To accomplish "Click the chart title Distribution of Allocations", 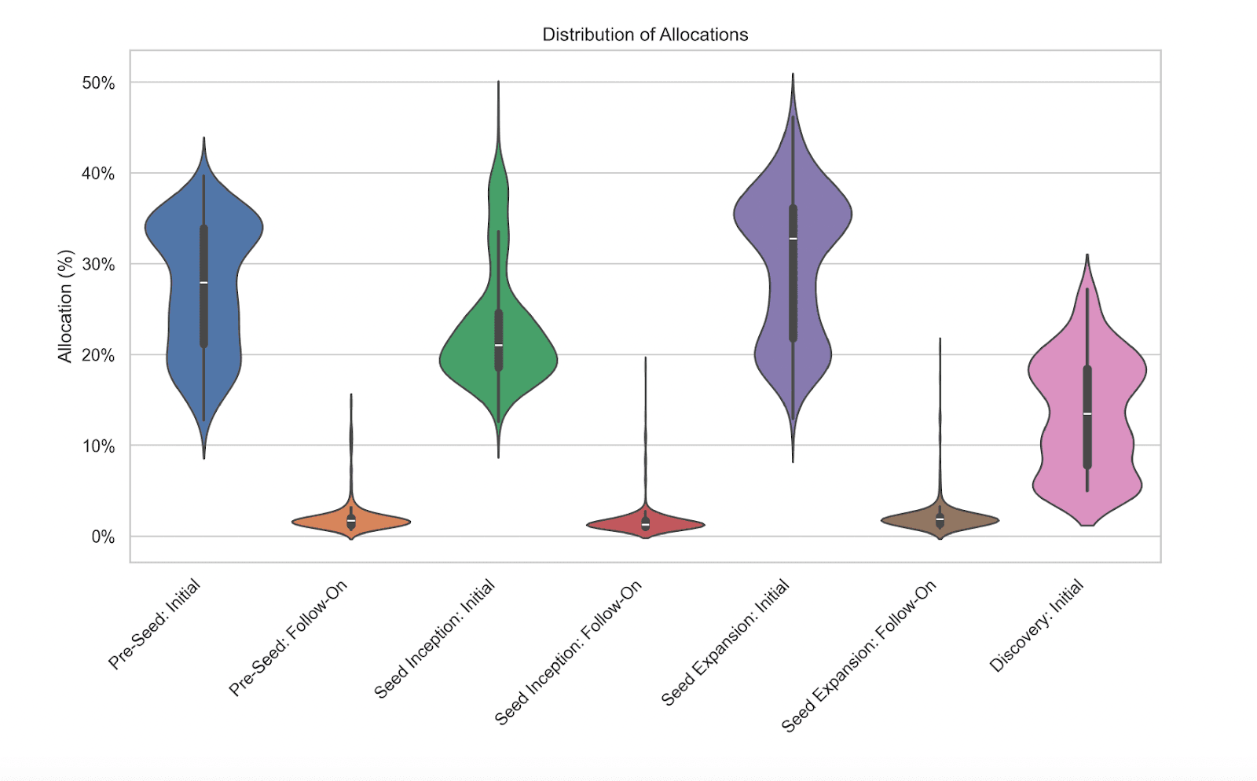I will pos(645,35).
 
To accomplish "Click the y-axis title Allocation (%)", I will pos(65,306).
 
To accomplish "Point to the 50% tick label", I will pos(98,83).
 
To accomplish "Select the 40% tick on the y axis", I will pos(98,174).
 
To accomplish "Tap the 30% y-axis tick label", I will pos(98,265).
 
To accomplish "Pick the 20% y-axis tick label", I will pos(98,355).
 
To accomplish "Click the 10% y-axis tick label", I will pos(98,446).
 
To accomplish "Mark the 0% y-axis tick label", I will pos(103,537).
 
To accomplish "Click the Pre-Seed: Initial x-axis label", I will pos(155,624).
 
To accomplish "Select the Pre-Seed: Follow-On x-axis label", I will pos(288,638).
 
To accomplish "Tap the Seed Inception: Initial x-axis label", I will pos(434,639).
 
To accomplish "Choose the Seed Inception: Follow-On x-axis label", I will pos(568,653).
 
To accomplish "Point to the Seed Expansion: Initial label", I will pos(725,643).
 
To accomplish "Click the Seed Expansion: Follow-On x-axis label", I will pos(859,656).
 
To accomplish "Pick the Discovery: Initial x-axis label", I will pos(1036,625).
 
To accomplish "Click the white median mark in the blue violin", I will pos(203,283).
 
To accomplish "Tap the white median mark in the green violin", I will pos(498,345).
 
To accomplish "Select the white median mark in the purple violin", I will pos(793,239).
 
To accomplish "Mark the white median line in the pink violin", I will pos(1087,413).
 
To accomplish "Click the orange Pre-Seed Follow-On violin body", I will pos(385,522).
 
